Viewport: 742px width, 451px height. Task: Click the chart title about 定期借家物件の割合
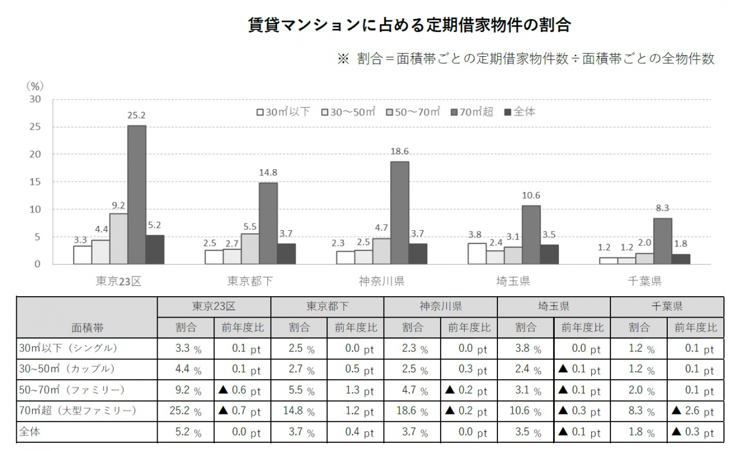point(409,26)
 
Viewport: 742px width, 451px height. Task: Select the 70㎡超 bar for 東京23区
point(137,195)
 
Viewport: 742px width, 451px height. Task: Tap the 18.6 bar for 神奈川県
point(399,213)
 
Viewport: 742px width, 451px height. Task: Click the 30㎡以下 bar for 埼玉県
point(477,253)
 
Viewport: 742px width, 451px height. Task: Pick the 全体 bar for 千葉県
point(681,259)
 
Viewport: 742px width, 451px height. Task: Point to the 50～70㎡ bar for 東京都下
point(250,249)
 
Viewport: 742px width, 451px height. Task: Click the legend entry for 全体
point(520,112)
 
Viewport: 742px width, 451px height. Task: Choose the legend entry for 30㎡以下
point(284,112)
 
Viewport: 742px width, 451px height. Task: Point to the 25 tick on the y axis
point(36,127)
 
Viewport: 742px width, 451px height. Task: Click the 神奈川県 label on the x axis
point(381,282)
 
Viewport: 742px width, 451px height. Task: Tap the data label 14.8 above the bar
point(268,172)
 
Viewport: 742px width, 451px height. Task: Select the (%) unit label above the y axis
point(35,86)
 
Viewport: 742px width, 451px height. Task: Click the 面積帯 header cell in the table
point(87,328)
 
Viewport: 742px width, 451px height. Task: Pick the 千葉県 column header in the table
point(667,306)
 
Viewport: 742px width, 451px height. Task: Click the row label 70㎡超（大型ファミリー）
point(78,411)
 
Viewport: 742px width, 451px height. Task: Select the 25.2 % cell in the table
point(185,412)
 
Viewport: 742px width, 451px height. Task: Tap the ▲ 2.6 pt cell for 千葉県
point(695,412)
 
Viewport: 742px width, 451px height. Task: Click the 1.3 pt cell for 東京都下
point(355,390)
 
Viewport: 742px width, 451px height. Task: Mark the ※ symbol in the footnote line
point(343,59)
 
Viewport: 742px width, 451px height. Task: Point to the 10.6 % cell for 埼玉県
point(525,412)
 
